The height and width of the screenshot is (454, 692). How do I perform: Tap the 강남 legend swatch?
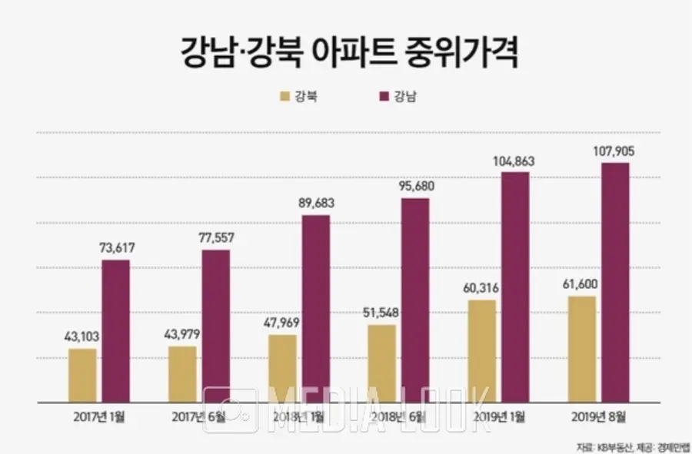tap(382, 97)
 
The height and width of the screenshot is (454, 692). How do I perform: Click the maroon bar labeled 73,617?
tap(116, 330)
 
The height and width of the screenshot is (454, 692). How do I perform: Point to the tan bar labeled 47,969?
tap(282, 368)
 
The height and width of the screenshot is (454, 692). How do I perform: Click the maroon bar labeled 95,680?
tap(415, 300)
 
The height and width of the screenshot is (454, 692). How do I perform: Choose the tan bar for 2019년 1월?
tap(481, 350)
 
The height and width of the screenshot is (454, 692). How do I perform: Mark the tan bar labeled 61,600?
tap(581, 349)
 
